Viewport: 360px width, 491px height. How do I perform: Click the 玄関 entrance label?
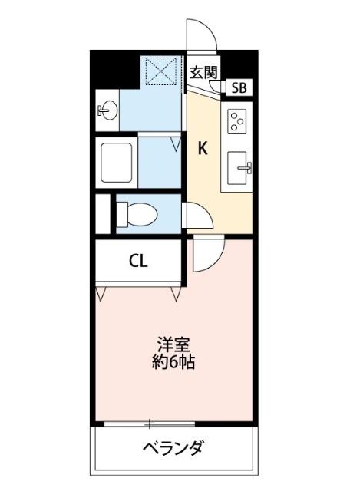tap(204, 73)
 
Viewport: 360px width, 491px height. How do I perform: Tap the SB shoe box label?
tap(239, 87)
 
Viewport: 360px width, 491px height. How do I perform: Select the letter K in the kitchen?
tap(203, 149)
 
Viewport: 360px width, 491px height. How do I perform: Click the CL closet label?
tap(138, 261)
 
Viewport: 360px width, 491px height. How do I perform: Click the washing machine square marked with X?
tap(162, 72)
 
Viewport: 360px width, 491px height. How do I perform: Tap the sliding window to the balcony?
tap(150, 423)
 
